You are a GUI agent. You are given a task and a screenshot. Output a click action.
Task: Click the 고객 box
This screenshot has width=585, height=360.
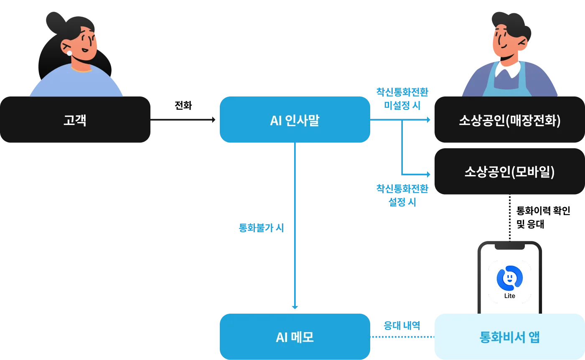click(x=75, y=120)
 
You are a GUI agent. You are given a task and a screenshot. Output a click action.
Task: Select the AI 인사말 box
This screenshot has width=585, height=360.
click(x=294, y=120)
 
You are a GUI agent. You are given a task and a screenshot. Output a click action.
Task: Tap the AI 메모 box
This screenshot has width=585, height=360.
click(x=294, y=337)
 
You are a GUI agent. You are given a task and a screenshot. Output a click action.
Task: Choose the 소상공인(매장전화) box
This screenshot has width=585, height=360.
click(x=509, y=120)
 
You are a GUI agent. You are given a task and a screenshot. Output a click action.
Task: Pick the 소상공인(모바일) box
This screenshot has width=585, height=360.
click(x=509, y=172)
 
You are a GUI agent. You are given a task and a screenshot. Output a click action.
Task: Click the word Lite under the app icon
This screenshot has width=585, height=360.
click(x=509, y=296)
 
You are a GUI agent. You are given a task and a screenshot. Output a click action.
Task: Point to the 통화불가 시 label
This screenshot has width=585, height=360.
click(x=261, y=228)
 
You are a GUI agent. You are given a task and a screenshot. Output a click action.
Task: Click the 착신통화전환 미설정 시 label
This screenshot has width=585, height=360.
click(x=402, y=99)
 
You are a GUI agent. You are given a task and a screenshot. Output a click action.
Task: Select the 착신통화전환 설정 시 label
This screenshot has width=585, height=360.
click(x=402, y=195)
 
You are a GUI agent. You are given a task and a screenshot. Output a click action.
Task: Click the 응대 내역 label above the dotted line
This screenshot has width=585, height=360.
click(x=402, y=326)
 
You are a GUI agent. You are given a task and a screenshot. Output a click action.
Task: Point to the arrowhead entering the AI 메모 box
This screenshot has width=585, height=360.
click(x=296, y=307)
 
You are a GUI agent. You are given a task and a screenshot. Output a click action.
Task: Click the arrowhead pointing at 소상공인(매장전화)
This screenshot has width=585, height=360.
click(x=428, y=120)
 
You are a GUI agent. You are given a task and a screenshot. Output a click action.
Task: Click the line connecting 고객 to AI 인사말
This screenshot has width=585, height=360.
click(x=184, y=120)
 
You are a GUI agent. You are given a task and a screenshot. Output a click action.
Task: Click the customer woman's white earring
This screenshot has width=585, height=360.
click(x=70, y=53)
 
